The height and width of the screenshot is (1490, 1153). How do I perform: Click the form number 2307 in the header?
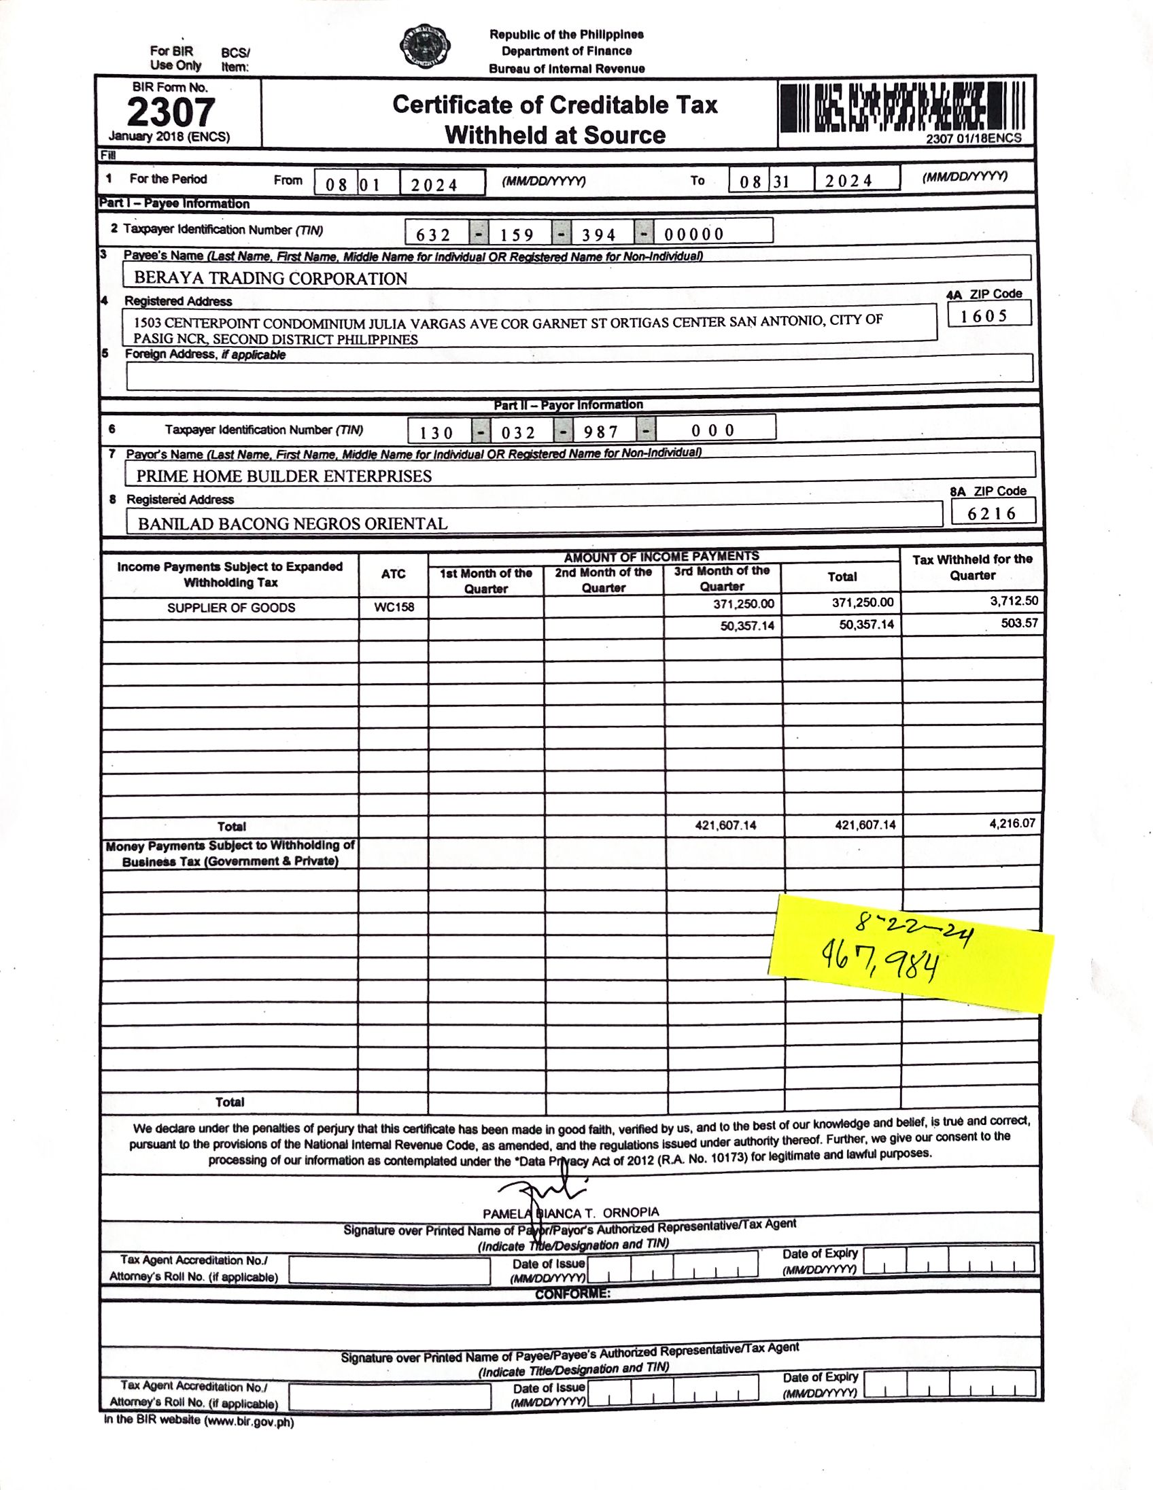171,113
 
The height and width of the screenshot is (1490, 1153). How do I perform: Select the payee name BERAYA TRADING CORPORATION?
270,278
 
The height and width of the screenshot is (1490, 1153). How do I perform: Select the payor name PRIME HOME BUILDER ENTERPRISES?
283,477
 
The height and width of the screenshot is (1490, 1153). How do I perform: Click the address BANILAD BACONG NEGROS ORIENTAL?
293,524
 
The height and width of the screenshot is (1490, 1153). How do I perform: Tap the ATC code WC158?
394,607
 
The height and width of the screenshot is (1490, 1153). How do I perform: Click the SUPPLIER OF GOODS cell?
231,608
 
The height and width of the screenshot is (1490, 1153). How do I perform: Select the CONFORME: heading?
572,1294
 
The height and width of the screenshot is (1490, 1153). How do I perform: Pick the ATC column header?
394,574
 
